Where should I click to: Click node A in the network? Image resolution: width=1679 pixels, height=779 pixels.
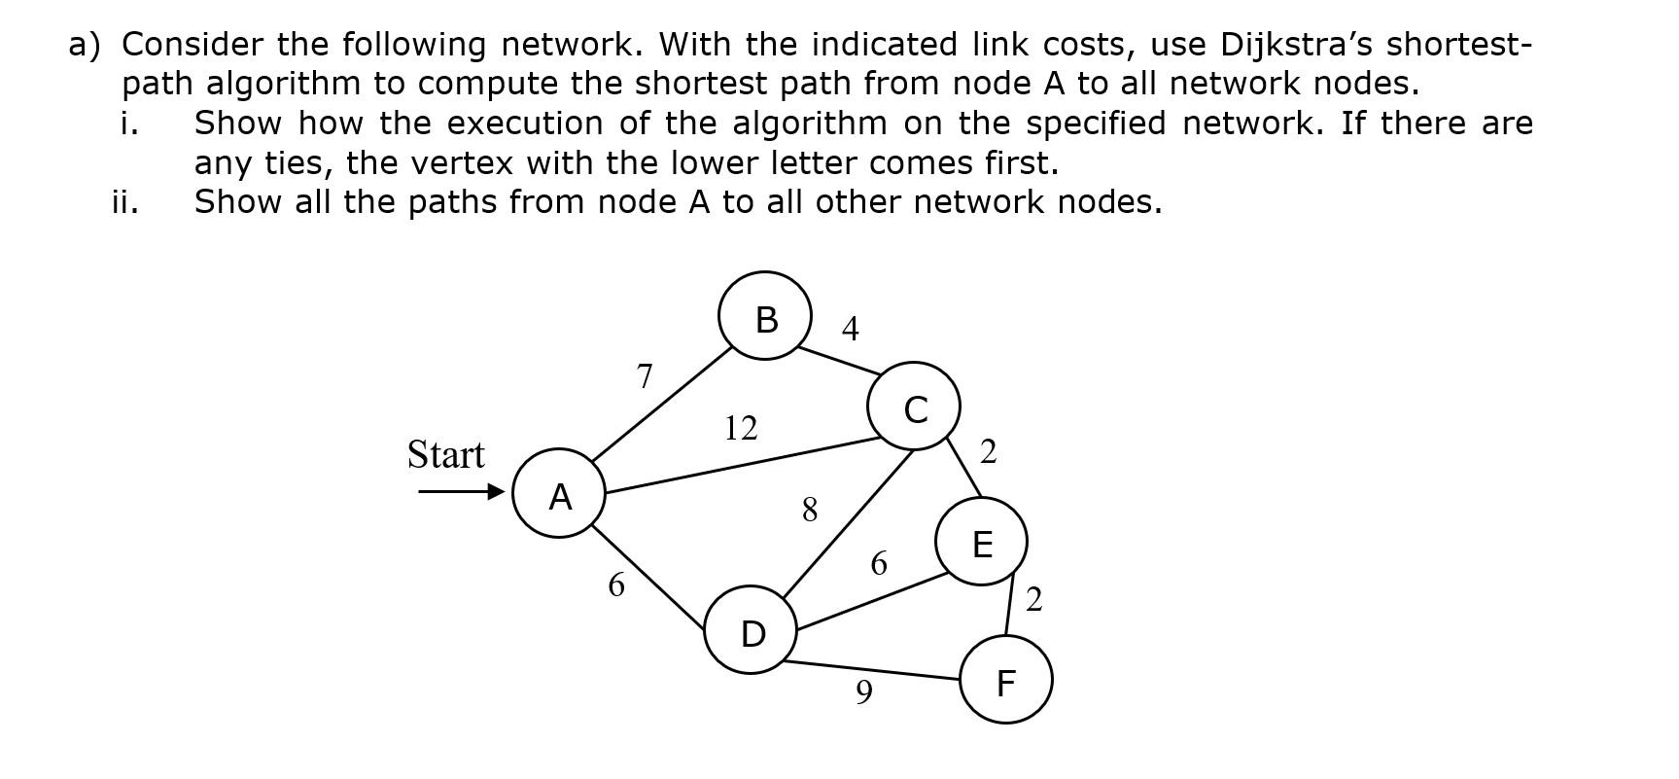(x=559, y=493)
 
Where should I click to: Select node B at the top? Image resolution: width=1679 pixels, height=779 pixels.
(x=765, y=316)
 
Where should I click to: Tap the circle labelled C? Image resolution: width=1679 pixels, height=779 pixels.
(x=914, y=407)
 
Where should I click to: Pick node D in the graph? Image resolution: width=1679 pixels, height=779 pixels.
(x=752, y=630)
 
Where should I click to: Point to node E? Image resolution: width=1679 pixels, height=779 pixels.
(x=981, y=542)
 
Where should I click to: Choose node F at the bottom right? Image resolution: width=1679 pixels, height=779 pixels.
(x=1005, y=680)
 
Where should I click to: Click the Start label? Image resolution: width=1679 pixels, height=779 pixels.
(x=445, y=454)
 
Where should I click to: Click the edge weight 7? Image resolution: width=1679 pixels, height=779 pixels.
(x=644, y=375)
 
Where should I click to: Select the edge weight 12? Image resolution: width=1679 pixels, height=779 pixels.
(x=740, y=427)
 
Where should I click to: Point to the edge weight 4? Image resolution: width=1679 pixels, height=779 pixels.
(x=850, y=329)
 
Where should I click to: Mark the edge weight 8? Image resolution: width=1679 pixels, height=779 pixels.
(x=809, y=509)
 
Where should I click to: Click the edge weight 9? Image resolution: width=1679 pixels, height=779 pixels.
(x=863, y=691)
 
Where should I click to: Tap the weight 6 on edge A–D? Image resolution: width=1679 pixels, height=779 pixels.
(x=615, y=584)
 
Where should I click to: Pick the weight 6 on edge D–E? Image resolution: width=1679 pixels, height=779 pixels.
(x=878, y=563)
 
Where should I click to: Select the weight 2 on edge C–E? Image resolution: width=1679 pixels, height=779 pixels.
(x=988, y=451)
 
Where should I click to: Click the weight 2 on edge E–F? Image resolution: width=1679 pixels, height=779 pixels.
(x=1032, y=599)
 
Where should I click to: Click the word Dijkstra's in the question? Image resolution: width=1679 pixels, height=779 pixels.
(x=1297, y=45)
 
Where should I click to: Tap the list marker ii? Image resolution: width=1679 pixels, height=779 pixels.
(x=124, y=202)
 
